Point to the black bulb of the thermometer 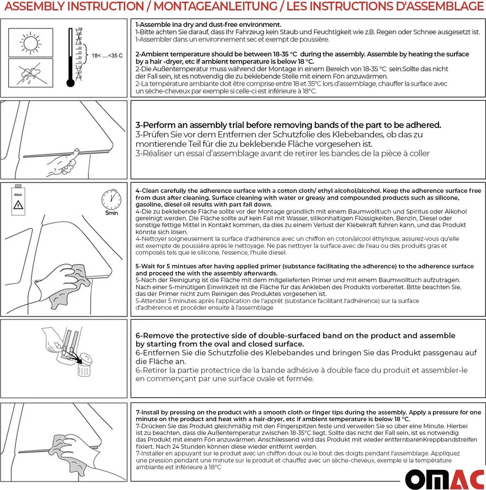pos(71,83)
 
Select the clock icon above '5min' pos(111,199)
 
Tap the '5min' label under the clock pos(111,213)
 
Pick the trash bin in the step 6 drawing pos(85,366)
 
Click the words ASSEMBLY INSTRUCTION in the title pos(72,7)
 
